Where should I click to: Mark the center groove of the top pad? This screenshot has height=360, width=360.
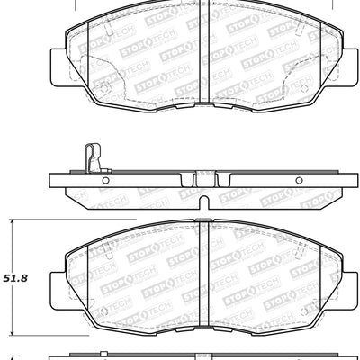click(202, 54)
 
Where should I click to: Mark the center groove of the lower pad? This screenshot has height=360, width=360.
click(202, 261)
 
